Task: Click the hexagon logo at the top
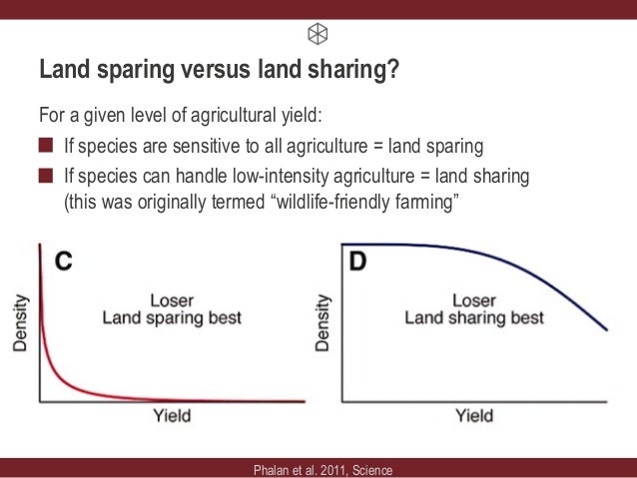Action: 318,33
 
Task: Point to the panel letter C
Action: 63,261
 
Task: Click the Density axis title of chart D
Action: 321,321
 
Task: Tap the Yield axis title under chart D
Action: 473,416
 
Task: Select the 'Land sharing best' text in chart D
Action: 474,318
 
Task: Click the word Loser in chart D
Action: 474,300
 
